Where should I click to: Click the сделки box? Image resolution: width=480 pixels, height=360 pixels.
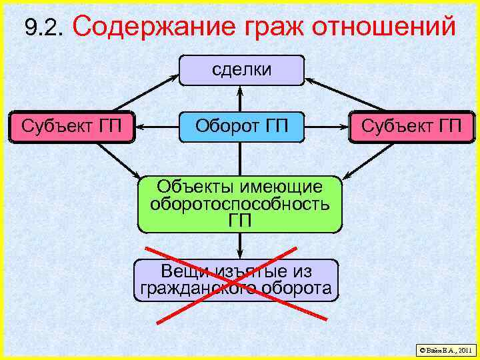[x=241, y=70]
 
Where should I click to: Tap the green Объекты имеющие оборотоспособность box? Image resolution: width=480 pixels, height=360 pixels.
[x=240, y=204]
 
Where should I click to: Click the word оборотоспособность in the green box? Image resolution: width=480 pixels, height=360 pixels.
[x=240, y=204]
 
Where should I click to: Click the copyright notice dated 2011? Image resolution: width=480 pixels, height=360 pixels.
[x=445, y=349]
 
